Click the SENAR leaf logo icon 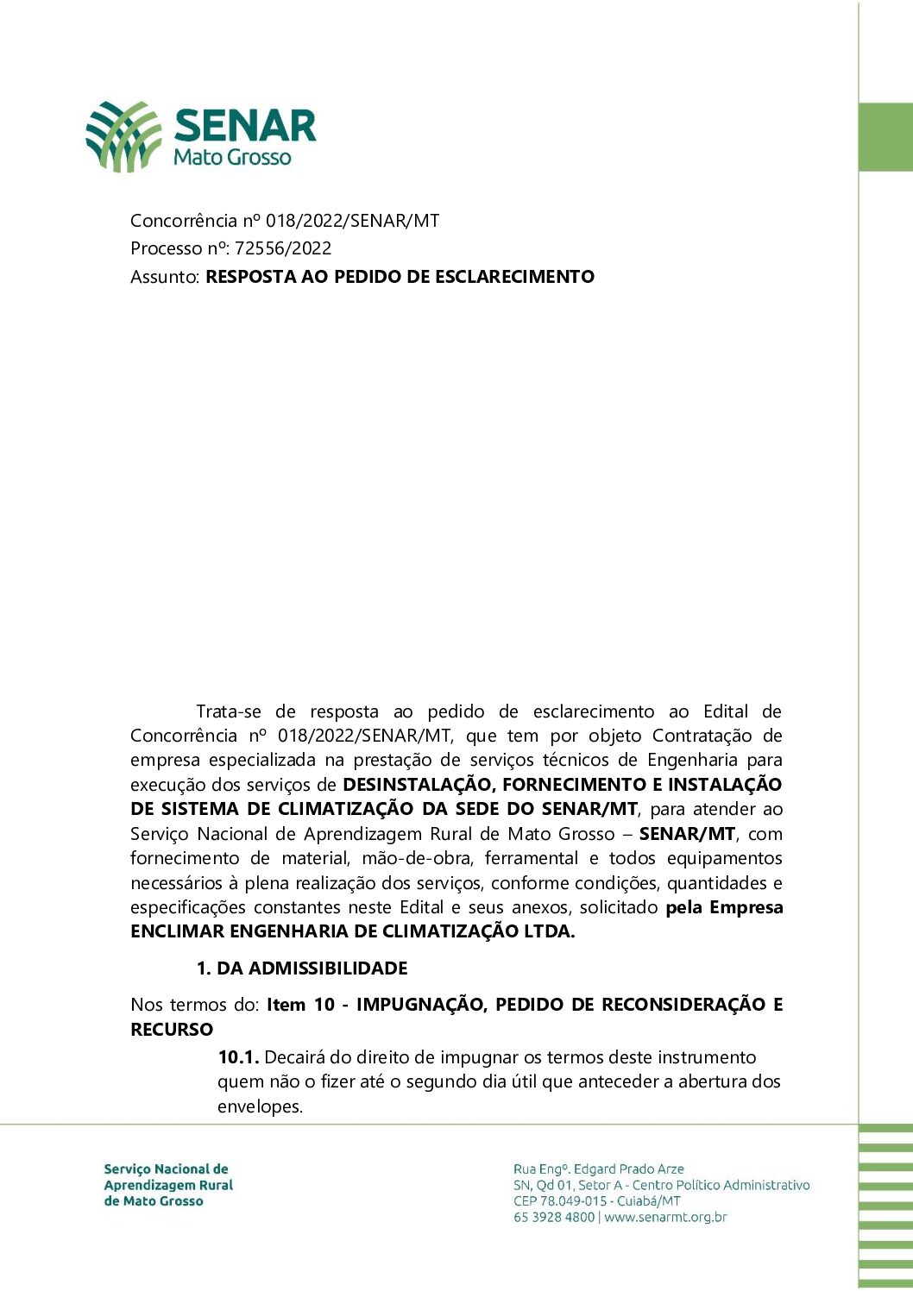click(123, 136)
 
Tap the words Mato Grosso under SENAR click(232, 157)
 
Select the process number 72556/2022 click(283, 248)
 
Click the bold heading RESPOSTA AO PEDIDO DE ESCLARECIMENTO click(400, 277)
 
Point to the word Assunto click(164, 277)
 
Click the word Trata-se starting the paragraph click(229, 711)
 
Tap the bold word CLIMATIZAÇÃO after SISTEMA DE click(345, 809)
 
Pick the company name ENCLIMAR click(177, 931)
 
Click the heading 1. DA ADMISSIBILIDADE click(302, 968)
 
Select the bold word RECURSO click(172, 1030)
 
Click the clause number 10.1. click(238, 1057)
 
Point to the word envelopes click(260, 1106)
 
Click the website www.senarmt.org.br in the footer click(665, 1218)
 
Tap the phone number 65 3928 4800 click(554, 1218)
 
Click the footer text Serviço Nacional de click(166, 1169)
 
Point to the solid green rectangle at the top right click(886, 137)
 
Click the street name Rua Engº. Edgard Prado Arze click(599, 1169)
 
